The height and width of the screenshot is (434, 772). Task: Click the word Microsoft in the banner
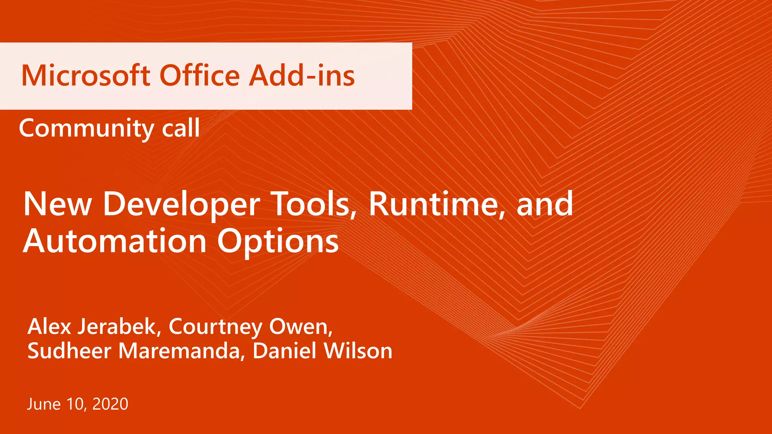click(x=86, y=76)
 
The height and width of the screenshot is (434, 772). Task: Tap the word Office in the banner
click(x=200, y=76)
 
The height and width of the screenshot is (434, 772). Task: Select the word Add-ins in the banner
click(x=302, y=76)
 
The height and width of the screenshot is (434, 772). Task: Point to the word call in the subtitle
click(x=181, y=128)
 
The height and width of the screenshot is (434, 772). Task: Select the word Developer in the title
click(x=181, y=205)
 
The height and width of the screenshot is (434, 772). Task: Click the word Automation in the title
click(x=115, y=241)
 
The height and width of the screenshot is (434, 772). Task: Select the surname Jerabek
click(x=119, y=326)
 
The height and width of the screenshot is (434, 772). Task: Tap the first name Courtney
click(x=215, y=327)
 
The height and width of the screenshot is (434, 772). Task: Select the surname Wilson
click(x=358, y=351)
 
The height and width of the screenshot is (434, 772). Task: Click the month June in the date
click(x=44, y=404)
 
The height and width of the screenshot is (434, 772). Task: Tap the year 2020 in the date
click(x=110, y=404)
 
